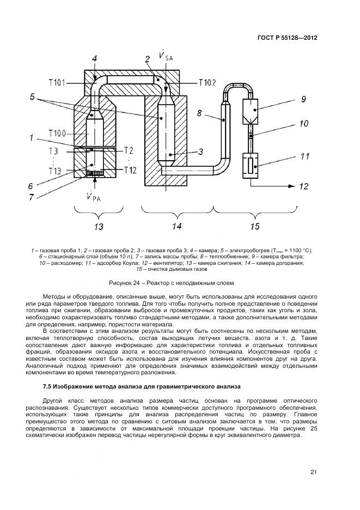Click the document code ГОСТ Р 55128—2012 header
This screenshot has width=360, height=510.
click(286, 38)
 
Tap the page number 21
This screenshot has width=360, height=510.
click(314, 472)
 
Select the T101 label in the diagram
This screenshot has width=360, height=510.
click(57, 83)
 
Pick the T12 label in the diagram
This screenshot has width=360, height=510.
click(130, 170)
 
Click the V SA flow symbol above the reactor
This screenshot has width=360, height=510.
click(164, 57)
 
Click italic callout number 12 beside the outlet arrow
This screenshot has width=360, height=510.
click(304, 186)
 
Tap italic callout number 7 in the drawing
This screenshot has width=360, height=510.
click(32, 197)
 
